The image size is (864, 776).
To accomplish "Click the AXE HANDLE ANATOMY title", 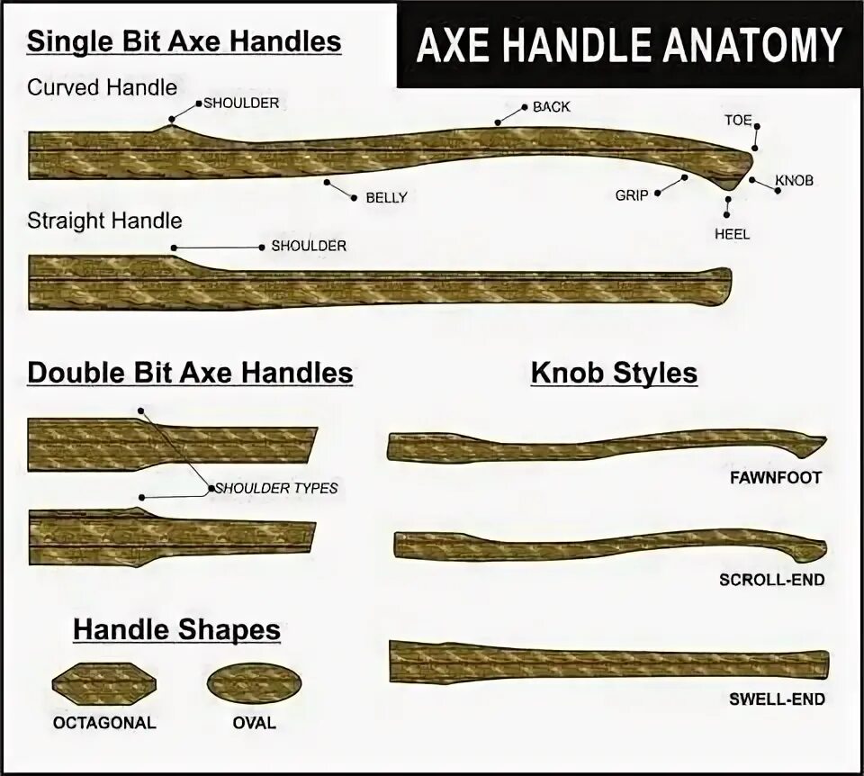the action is point(628,44).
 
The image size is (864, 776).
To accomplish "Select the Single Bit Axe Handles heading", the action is point(184,41).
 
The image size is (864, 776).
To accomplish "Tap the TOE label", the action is point(738,120).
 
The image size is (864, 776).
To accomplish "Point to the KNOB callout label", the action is point(794,181).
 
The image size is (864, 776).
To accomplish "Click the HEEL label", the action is point(732,234).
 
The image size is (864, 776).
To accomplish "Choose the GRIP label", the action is point(632,194).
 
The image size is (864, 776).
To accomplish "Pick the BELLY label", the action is point(386,198).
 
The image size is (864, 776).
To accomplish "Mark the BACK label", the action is point(551,107).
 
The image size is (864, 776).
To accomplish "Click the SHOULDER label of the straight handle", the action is point(309,246).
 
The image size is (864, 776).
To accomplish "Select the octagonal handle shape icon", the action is point(103,684).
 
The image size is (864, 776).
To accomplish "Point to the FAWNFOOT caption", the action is point(776,478).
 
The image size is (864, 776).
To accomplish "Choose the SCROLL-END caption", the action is point(771,580).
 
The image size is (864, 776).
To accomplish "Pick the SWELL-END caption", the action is point(777,699).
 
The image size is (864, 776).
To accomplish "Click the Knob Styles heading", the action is point(614,373).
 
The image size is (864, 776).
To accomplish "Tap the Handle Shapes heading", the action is point(176,630).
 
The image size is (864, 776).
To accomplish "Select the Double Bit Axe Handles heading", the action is point(190,373).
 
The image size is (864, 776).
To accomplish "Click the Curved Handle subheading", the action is point(102,87).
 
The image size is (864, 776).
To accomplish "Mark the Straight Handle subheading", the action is point(104,221).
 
